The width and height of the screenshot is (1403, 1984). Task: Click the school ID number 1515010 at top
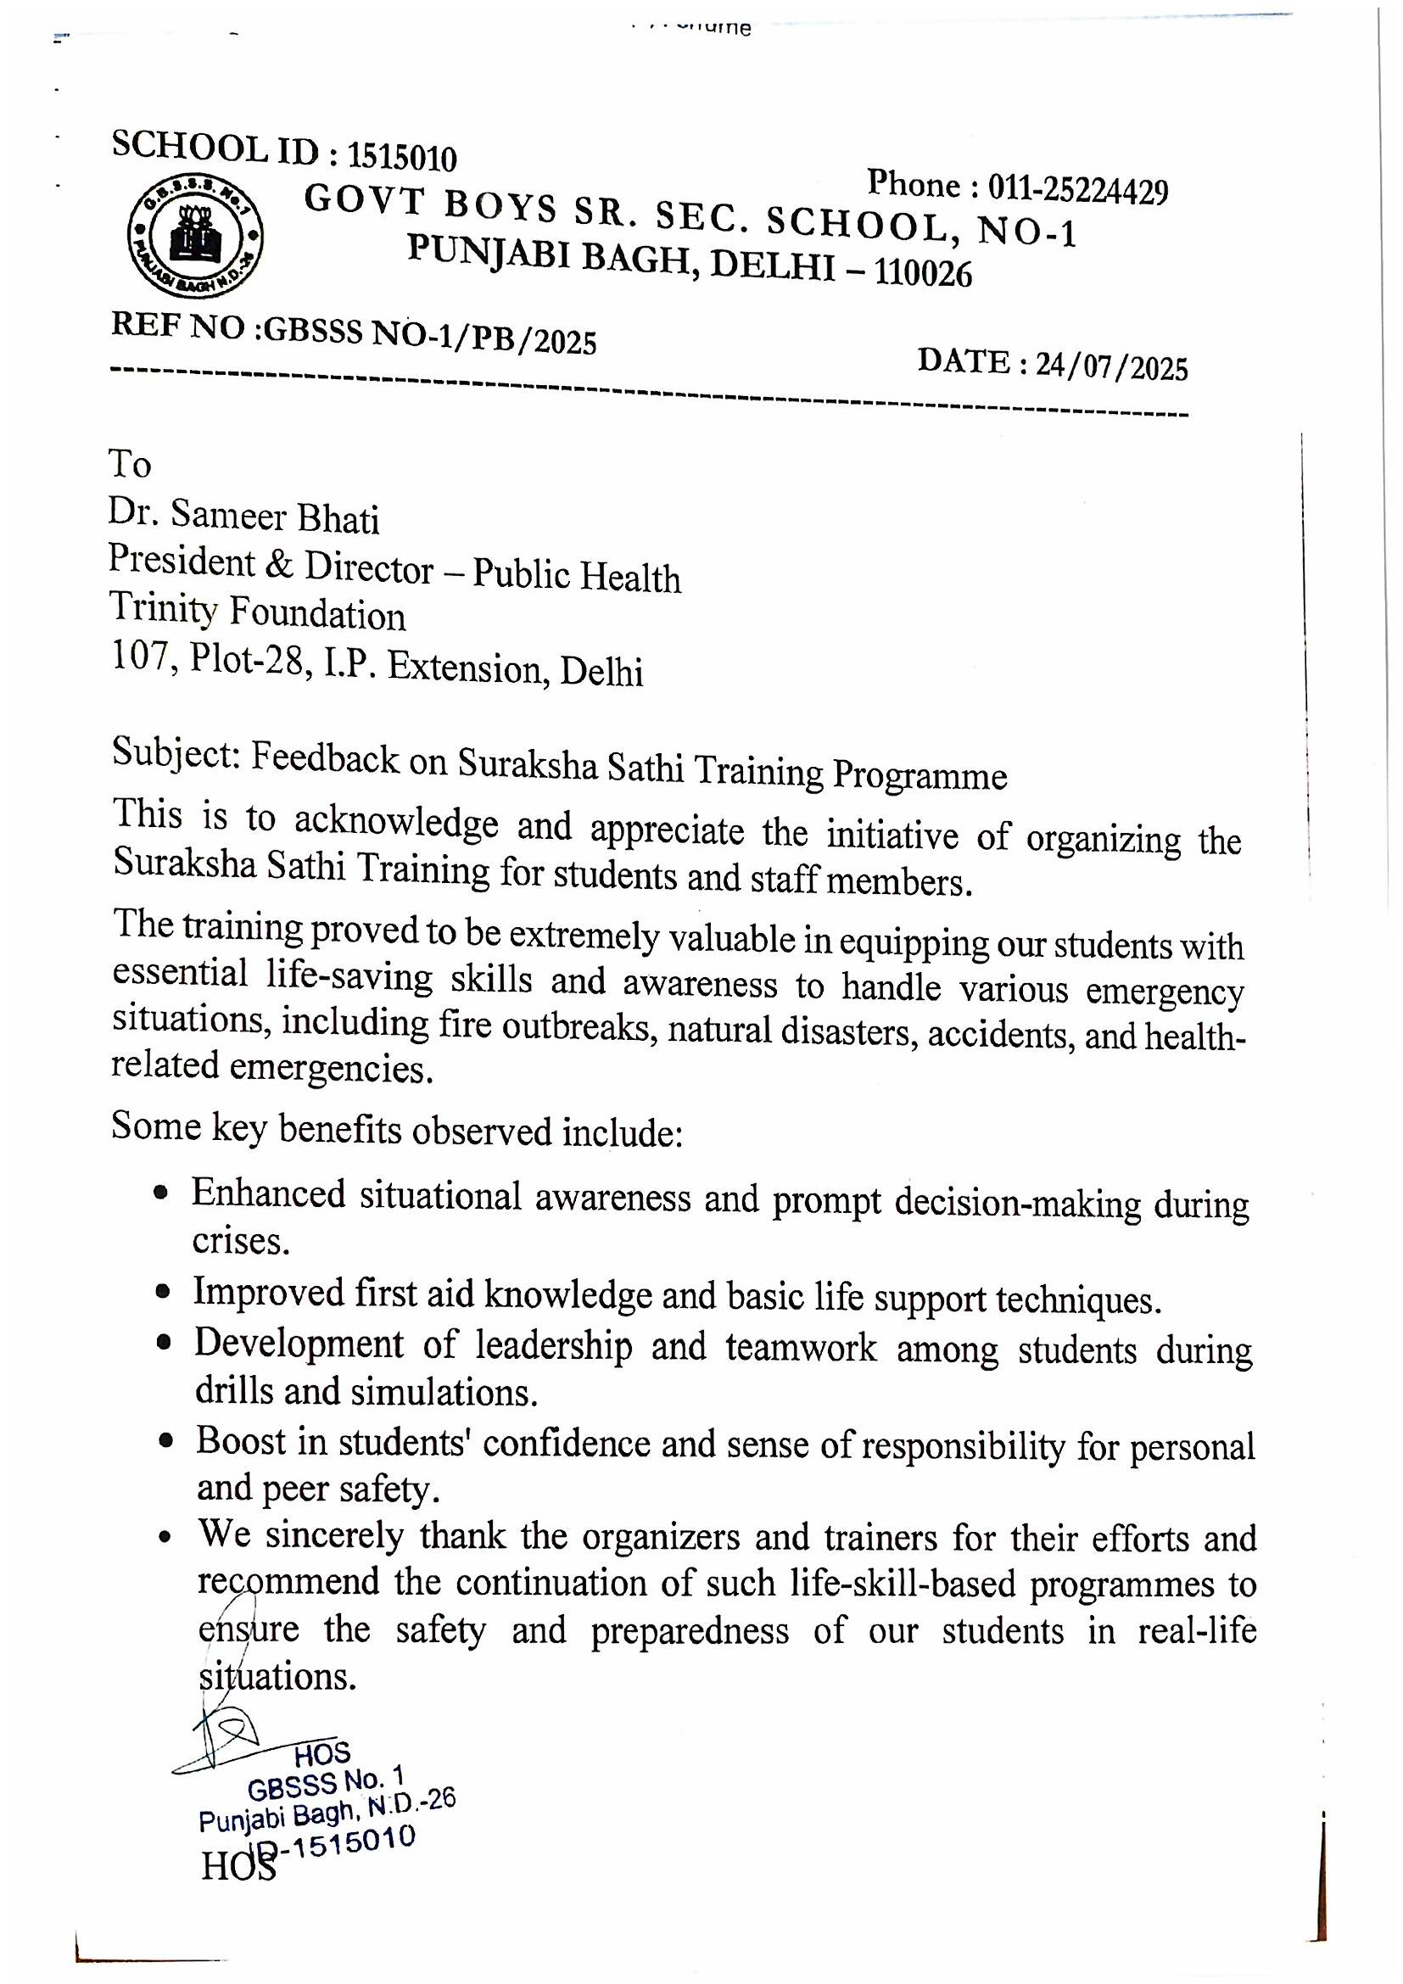coord(402,157)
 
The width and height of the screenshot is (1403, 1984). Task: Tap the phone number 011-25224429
coord(1077,188)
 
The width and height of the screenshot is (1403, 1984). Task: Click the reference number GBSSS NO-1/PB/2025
coord(430,335)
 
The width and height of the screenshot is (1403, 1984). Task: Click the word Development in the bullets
coord(298,1344)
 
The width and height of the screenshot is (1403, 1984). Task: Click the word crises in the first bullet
coord(239,1242)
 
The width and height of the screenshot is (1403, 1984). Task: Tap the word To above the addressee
coord(130,464)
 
